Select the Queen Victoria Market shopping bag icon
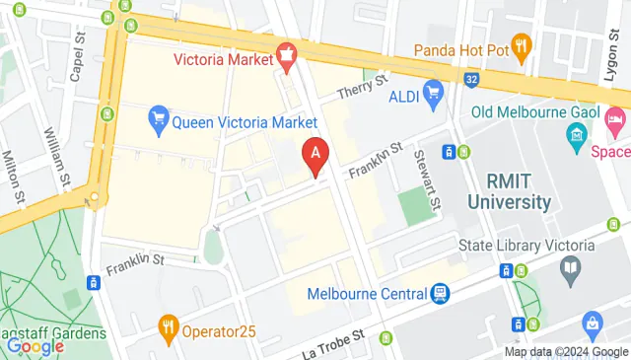[157, 122]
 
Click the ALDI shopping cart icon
[432, 93]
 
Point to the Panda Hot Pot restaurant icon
[522, 44]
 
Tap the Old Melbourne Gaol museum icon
[577, 133]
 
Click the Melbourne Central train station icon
[440, 294]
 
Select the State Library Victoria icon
[570, 266]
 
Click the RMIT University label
[519, 192]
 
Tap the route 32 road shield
[473, 77]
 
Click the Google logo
[35, 345]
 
